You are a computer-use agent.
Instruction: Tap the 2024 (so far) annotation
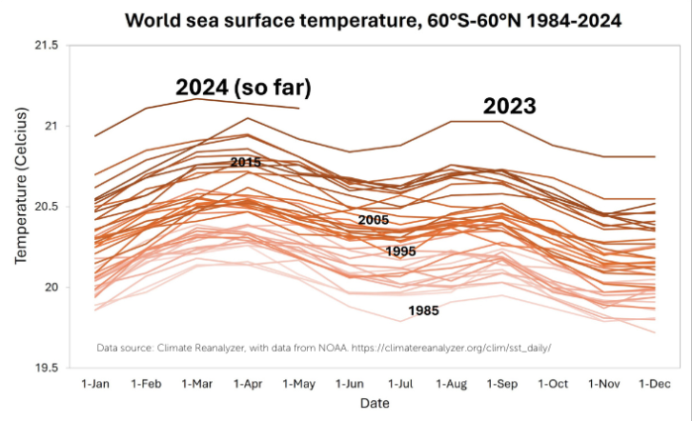(244, 88)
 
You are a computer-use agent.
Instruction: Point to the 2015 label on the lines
(246, 163)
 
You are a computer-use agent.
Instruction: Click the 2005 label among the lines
(374, 220)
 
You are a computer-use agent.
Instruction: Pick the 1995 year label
(400, 251)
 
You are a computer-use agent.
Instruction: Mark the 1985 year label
(423, 311)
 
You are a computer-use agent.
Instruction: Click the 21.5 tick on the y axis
(46, 46)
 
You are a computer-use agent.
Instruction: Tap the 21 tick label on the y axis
(51, 127)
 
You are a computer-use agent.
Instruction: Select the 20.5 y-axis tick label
(46, 207)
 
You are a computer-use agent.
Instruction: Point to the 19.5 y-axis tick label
(46, 368)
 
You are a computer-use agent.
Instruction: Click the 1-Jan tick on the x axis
(96, 386)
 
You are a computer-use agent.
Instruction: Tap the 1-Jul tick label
(399, 386)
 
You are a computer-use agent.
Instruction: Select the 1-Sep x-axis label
(502, 386)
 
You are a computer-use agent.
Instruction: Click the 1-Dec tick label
(656, 386)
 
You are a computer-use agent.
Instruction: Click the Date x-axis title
(375, 406)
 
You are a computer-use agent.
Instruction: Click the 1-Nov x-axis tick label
(604, 386)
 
